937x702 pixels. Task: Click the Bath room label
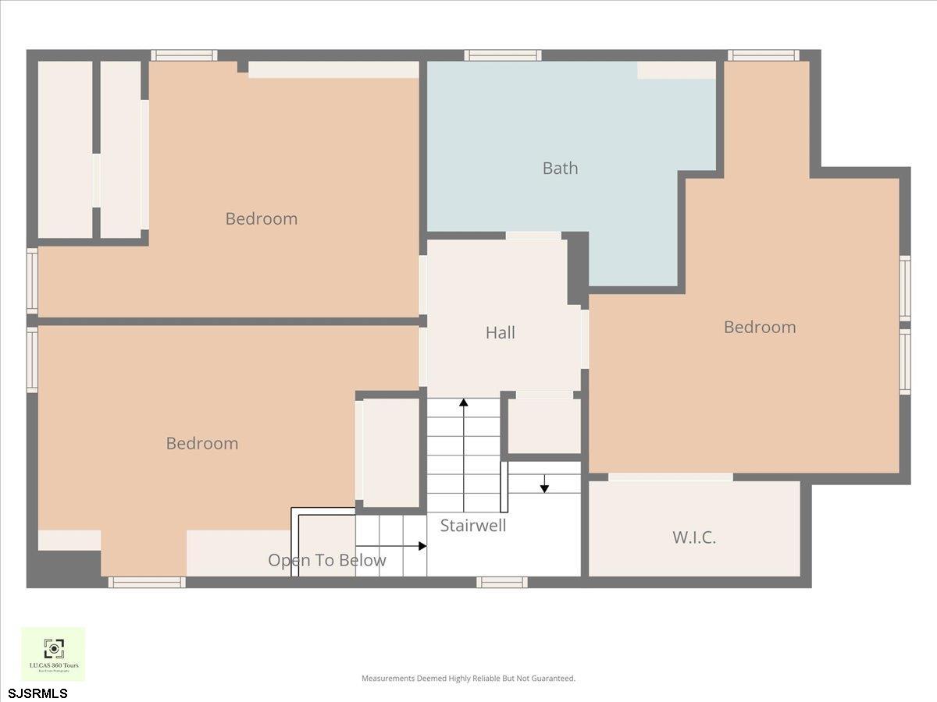point(560,168)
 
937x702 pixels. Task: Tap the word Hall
point(501,332)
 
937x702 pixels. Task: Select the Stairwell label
point(473,525)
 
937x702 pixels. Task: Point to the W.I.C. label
point(694,537)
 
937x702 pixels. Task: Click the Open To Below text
point(326,560)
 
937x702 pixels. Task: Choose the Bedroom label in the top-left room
point(261,218)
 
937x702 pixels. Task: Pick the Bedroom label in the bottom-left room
point(201,443)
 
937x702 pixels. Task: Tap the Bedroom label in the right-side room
point(759,327)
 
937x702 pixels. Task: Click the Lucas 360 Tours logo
point(53,654)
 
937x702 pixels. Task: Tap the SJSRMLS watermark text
point(38,693)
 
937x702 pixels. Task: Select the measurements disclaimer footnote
point(468,679)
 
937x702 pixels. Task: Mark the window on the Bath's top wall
point(503,55)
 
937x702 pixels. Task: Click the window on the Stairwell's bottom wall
point(502,582)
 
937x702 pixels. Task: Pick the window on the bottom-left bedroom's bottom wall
point(147,582)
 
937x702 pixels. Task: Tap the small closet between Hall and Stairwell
point(544,426)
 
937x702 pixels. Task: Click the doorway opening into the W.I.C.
point(670,477)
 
